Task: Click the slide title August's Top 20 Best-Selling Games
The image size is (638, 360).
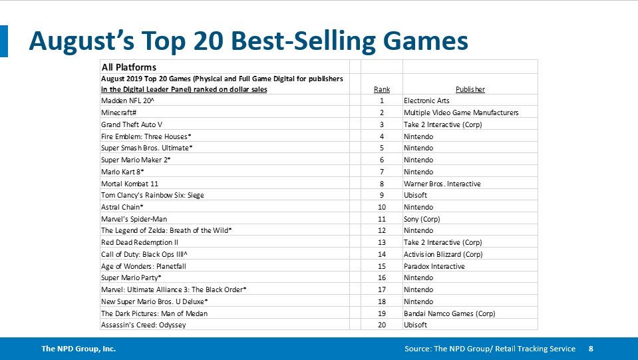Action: [x=248, y=41]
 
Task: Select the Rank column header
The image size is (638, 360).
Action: [x=382, y=89]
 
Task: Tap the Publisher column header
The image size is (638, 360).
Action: [x=470, y=89]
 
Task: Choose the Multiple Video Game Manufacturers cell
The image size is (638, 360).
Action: [x=460, y=112]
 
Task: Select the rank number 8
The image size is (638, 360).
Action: [x=382, y=184]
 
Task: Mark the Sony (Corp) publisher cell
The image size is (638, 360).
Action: [x=422, y=219]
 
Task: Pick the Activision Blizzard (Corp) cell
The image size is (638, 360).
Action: [x=446, y=254]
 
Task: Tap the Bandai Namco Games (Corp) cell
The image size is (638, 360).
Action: [x=449, y=313]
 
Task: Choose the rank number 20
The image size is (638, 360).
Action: [x=382, y=325]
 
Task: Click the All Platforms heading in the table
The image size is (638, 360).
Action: [x=128, y=67]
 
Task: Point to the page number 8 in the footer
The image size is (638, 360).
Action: [x=591, y=349]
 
